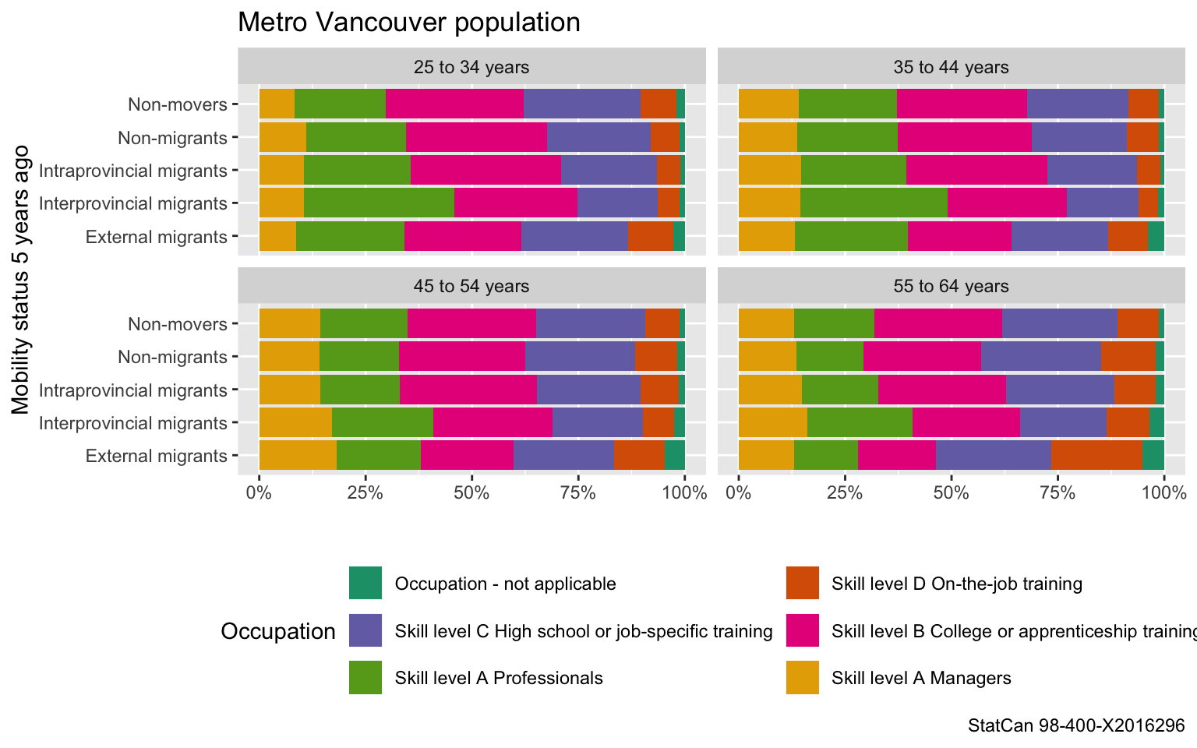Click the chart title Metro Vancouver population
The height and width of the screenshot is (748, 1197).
point(408,23)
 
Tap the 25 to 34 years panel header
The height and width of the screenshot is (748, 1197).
point(471,67)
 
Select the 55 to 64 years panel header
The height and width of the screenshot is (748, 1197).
point(951,287)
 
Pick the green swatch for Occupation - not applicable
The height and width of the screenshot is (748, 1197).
point(365,584)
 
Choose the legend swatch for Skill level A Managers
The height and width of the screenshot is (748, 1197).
point(803,678)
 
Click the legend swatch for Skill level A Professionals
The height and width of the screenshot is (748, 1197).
point(365,678)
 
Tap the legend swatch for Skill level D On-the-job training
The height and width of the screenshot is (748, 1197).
point(803,584)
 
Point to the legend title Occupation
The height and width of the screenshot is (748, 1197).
point(278,631)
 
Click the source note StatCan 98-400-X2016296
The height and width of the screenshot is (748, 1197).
point(1075,725)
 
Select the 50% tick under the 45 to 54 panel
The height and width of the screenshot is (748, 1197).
point(471,492)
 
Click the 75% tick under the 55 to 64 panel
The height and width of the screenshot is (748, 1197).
point(1058,492)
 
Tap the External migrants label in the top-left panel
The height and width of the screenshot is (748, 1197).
point(157,237)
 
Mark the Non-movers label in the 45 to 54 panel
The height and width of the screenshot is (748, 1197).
point(178,324)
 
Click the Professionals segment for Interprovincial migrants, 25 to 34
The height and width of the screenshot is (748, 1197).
point(379,203)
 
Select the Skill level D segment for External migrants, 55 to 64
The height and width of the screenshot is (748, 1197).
point(1096,456)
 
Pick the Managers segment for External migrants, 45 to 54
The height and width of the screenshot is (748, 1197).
point(298,456)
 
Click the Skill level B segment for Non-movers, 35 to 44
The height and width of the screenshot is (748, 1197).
point(962,104)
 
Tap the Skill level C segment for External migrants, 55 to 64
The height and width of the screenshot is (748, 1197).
point(994,456)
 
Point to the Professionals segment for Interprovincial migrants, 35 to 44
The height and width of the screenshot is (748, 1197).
point(874,203)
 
